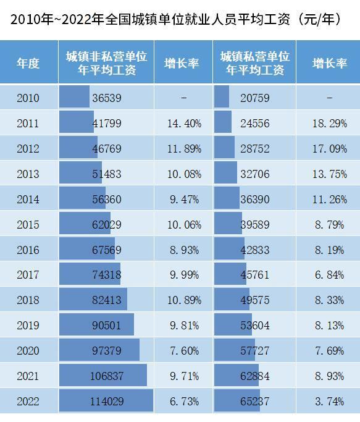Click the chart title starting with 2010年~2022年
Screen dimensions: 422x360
point(175,19)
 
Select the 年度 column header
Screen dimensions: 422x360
point(28,64)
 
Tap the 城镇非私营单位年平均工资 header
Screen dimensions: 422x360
point(107,63)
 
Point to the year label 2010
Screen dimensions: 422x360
point(28,98)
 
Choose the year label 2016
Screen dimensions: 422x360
point(28,250)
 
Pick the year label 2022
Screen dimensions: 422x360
point(28,402)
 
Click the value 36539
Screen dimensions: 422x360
point(107,98)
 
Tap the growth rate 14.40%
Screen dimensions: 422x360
point(184,123)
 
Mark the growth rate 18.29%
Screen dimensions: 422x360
point(329,123)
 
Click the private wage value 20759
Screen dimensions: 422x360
point(255,98)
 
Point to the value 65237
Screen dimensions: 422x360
point(255,402)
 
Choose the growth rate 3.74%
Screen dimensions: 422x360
point(329,402)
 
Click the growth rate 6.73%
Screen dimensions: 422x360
point(184,402)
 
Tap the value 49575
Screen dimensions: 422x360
point(255,300)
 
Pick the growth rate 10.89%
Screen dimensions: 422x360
point(184,300)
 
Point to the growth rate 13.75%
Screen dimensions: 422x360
point(329,174)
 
